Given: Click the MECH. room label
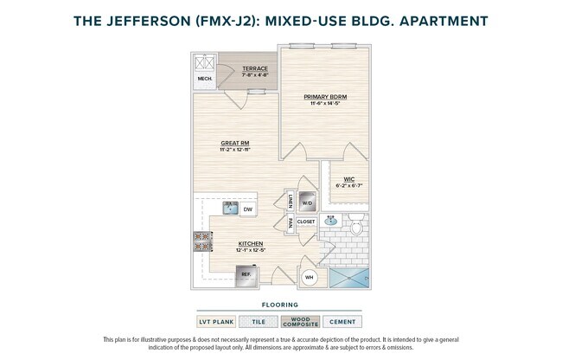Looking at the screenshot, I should coord(206,78).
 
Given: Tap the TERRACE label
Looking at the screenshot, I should coord(254,69).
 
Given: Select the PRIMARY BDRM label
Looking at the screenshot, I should coord(324,98).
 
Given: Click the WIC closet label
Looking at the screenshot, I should coord(349,180).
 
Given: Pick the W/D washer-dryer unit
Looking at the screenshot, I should coord(307,202).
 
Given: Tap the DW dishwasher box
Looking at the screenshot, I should coord(247,209).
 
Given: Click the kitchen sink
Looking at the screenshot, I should coord(230,208).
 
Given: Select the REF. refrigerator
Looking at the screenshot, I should coord(247,275).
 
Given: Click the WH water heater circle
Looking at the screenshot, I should coord(308,278).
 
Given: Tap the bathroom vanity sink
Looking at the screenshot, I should coord(330,222).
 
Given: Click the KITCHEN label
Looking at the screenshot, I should coord(250,244).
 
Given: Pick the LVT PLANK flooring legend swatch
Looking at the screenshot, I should coord(218,321).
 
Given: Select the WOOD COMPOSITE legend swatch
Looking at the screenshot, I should coord(302,321).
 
